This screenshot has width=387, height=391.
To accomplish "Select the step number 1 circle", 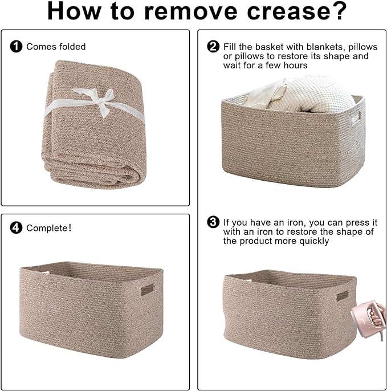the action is (16, 47).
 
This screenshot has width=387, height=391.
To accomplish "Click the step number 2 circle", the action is (213, 46).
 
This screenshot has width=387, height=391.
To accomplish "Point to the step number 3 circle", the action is (213, 222).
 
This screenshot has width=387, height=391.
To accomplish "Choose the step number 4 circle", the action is (16, 227).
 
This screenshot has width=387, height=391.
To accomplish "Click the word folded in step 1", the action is (72, 47).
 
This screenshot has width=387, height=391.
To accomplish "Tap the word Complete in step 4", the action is (47, 228).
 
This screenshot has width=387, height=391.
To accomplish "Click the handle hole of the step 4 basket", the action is (148, 290).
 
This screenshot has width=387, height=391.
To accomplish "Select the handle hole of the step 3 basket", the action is (343, 296).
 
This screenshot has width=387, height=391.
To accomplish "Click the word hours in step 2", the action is (295, 66).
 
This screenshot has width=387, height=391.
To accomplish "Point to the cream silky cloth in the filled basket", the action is (264, 95).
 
